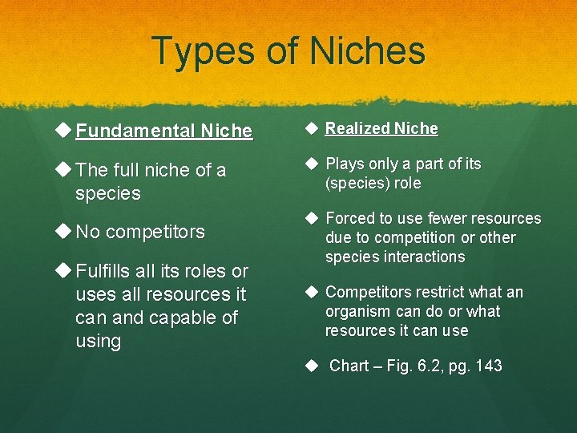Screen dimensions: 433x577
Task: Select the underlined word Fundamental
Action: tap(135, 131)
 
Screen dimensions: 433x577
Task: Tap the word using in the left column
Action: tap(98, 341)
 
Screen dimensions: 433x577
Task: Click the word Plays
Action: tap(345, 164)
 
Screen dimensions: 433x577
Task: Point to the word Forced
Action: tap(350, 218)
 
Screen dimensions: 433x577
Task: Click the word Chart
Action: tap(349, 366)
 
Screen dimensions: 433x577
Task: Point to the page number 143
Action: tap(487, 366)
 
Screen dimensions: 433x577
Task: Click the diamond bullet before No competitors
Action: tap(63, 232)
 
